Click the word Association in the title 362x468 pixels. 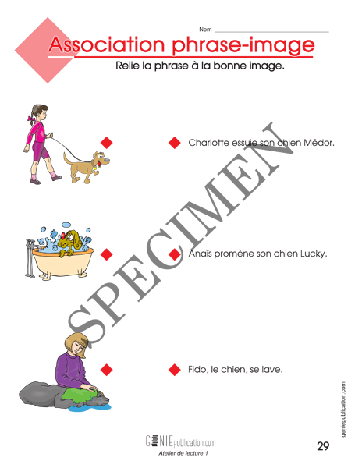pyautogui.click(x=107, y=44)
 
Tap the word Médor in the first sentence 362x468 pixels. pyautogui.click(x=319, y=143)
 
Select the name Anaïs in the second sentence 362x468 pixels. pyautogui.click(x=201, y=253)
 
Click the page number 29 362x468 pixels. pyautogui.click(x=323, y=446)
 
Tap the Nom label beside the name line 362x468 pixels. pyautogui.click(x=205, y=30)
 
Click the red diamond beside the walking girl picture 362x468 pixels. pyautogui.click(x=107, y=143)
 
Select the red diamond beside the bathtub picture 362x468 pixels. pyautogui.click(x=107, y=254)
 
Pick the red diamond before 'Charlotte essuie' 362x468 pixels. pyautogui.click(x=175, y=143)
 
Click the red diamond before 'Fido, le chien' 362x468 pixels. pyautogui.click(x=175, y=370)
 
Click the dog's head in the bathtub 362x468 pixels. pyautogui.click(x=70, y=239)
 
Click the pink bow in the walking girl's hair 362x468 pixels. pyautogui.click(x=31, y=119)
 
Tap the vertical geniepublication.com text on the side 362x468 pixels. pyautogui.click(x=343, y=409)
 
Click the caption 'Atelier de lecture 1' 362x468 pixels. pyautogui.click(x=183, y=453)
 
